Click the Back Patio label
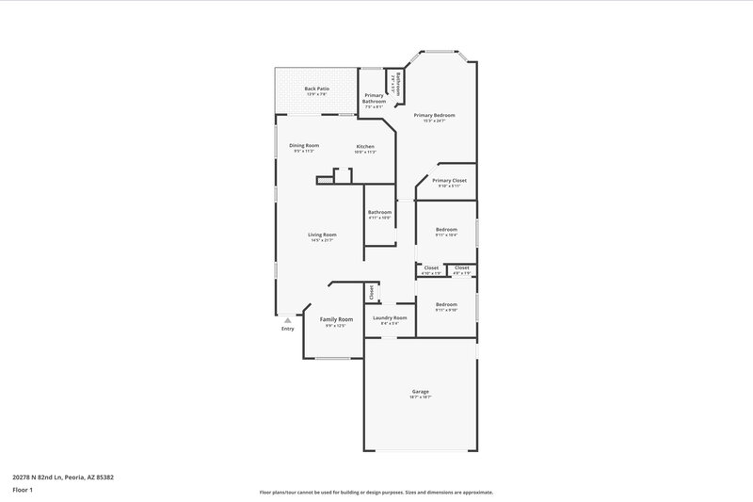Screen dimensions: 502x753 click(x=315, y=89)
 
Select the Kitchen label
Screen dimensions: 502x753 click(x=365, y=146)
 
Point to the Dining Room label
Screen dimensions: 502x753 click(x=304, y=145)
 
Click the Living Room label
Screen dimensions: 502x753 click(x=322, y=235)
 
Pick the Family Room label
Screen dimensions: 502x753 click(x=336, y=319)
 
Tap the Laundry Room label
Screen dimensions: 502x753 click(x=390, y=317)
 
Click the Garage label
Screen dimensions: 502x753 click(x=421, y=391)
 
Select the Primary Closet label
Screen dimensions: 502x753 click(x=449, y=179)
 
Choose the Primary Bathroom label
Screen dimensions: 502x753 click(x=375, y=98)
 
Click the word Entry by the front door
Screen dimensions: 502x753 click(x=287, y=329)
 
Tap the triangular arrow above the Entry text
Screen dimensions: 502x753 click(x=287, y=319)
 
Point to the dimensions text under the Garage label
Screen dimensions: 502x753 click(x=421, y=397)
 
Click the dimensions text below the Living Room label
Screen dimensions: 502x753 click(x=322, y=240)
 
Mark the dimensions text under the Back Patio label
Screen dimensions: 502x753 click(x=315, y=94)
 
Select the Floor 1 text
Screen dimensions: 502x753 click(x=23, y=491)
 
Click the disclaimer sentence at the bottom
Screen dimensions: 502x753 click(x=376, y=492)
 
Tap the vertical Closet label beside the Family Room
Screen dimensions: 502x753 click(x=372, y=292)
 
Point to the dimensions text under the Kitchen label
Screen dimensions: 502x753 click(x=365, y=152)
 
